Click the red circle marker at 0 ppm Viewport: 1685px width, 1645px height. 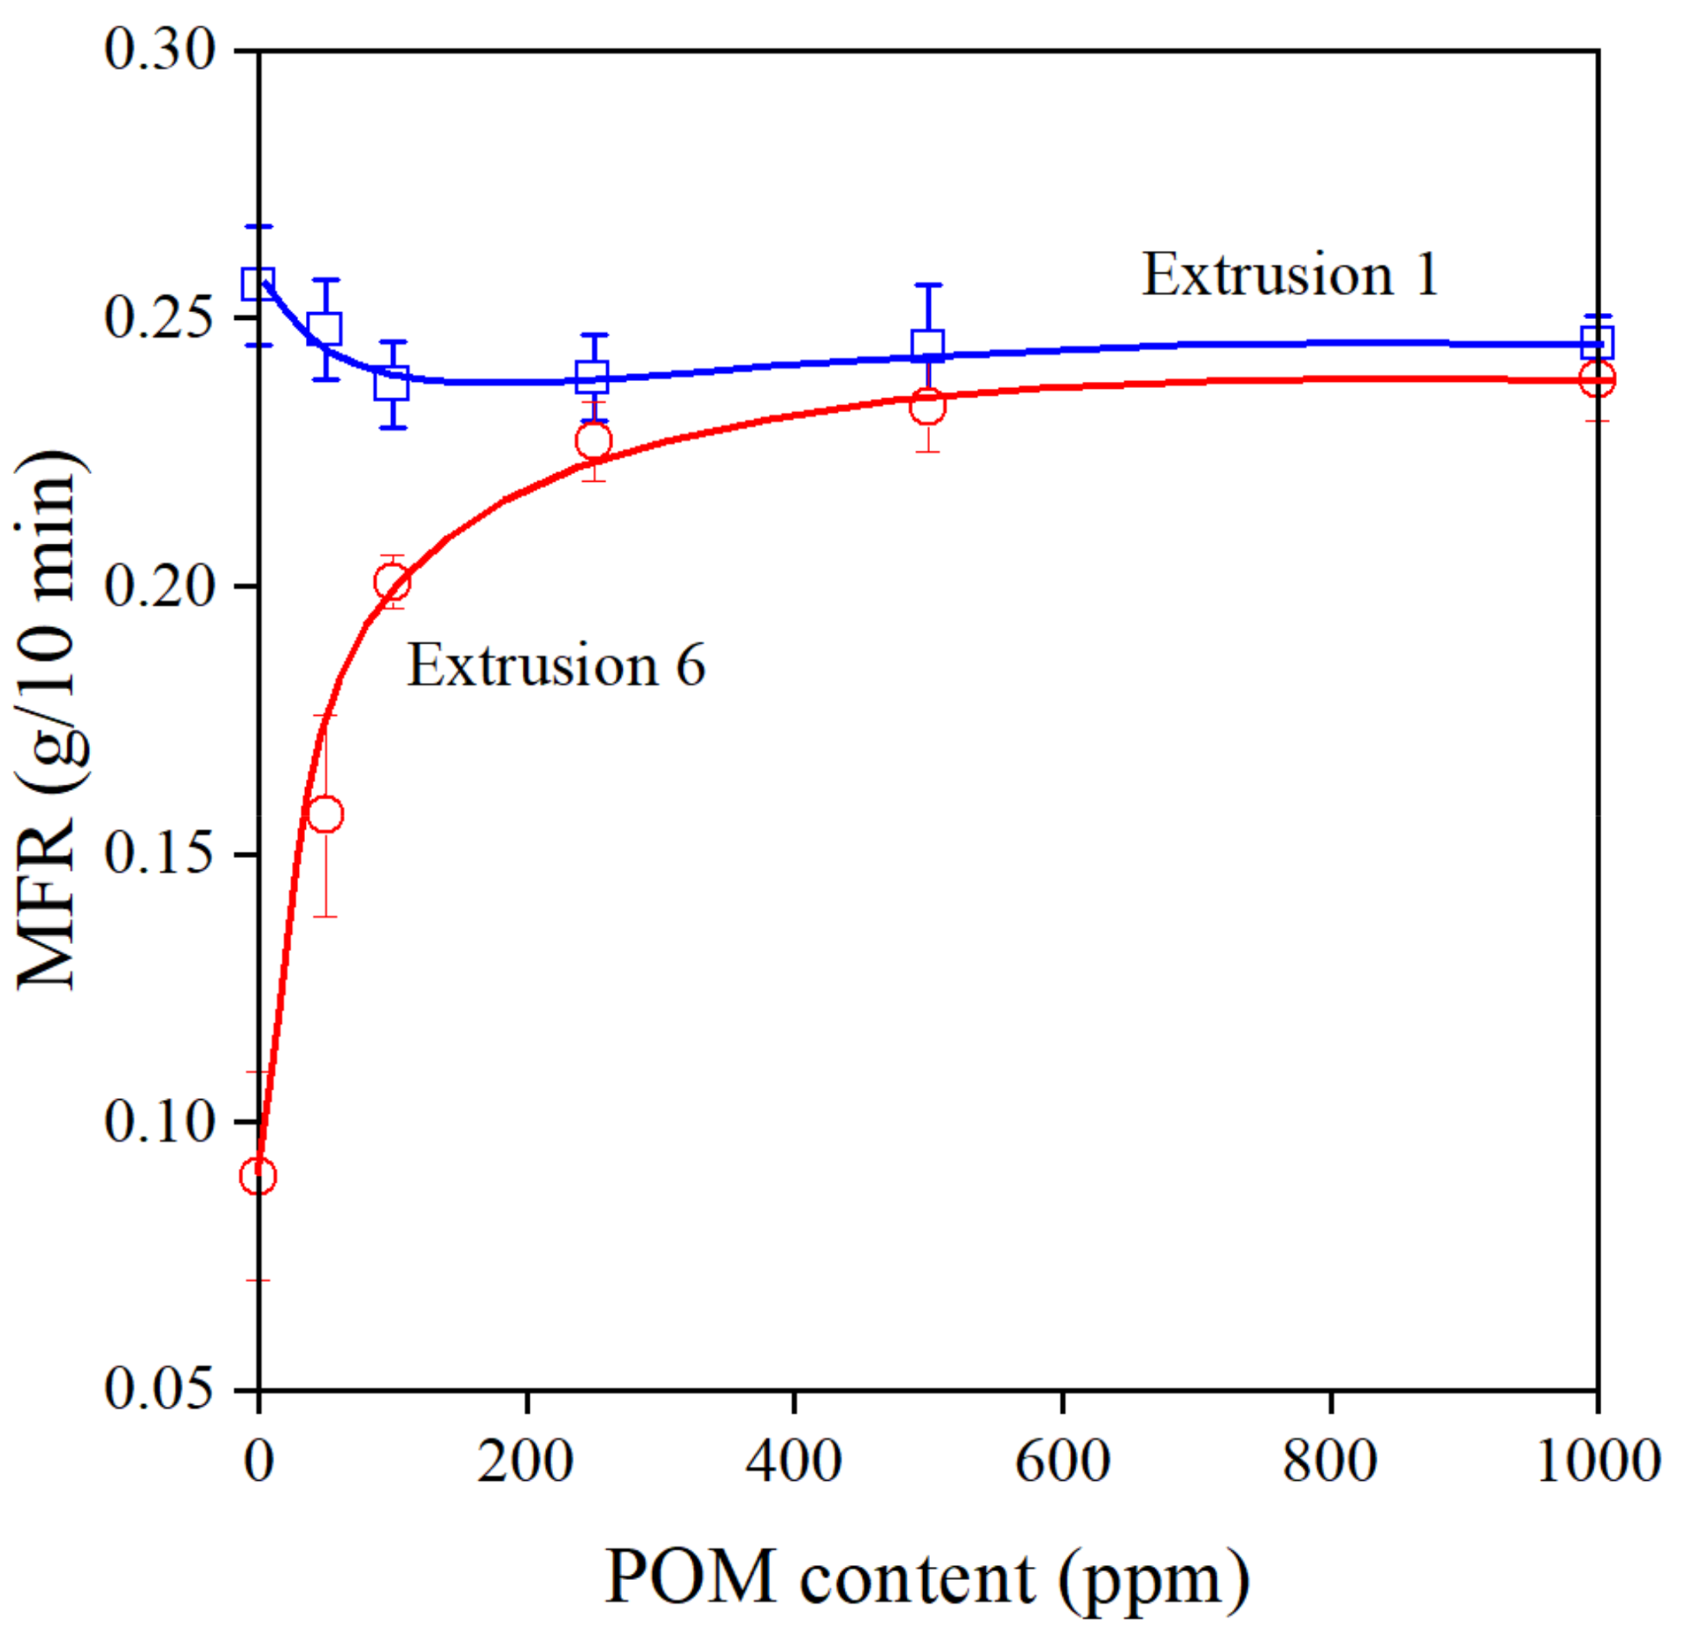coord(258,1176)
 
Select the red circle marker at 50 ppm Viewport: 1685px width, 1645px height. coord(325,814)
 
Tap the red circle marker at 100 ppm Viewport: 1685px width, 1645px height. coord(392,582)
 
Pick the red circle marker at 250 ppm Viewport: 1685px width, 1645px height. coord(593,440)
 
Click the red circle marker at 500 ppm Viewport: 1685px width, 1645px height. coord(927,405)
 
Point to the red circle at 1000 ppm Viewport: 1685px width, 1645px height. coord(1597,379)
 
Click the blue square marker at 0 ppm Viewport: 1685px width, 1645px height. coord(258,283)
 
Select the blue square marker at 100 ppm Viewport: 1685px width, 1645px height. coord(392,382)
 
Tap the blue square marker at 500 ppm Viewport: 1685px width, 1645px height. coord(927,345)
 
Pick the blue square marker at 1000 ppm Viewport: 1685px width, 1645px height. coord(1597,342)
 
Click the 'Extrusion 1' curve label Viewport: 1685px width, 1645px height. coord(1289,275)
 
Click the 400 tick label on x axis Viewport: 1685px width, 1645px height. coord(793,1462)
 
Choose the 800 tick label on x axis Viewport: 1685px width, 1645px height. coord(1329,1462)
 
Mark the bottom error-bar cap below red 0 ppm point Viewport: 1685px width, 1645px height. coord(258,1280)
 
